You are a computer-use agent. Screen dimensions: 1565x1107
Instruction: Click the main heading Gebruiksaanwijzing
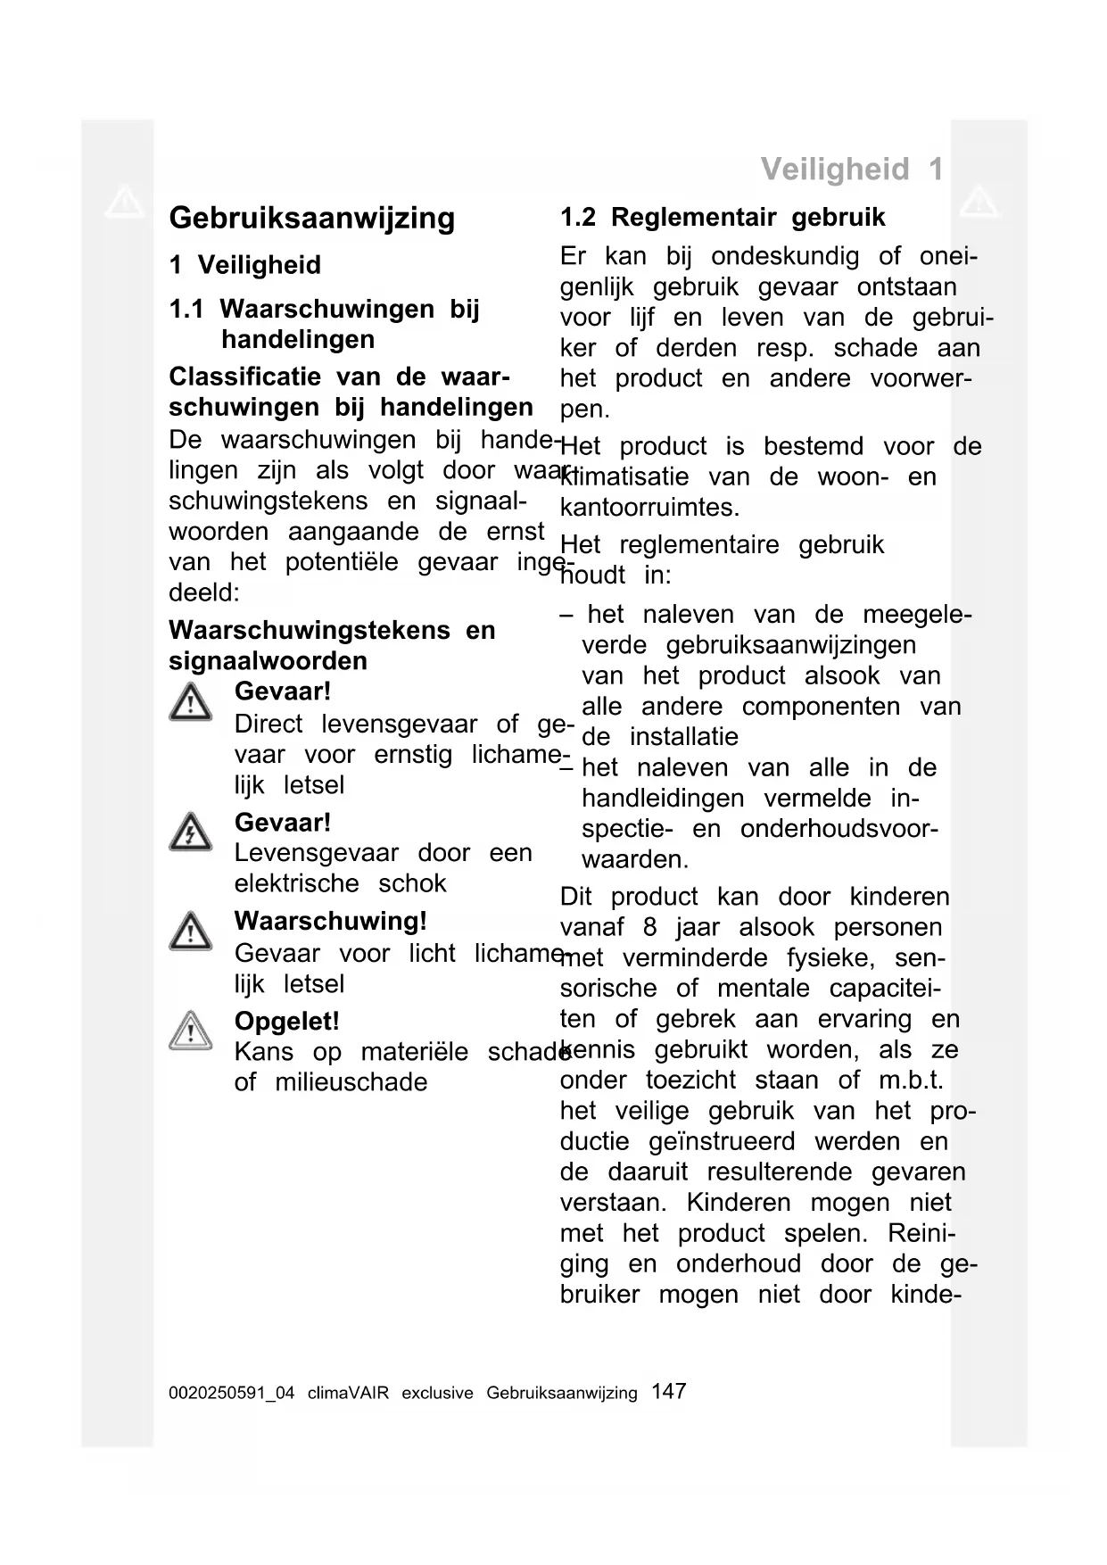(x=311, y=218)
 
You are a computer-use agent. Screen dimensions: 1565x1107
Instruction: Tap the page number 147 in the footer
(x=668, y=1391)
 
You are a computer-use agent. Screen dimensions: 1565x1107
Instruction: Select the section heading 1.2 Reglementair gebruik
(x=723, y=217)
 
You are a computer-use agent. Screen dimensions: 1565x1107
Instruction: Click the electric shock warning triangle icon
(x=190, y=832)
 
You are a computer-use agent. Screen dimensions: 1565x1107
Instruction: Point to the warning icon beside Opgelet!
(x=190, y=1031)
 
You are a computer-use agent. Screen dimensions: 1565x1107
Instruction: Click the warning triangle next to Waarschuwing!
(x=190, y=932)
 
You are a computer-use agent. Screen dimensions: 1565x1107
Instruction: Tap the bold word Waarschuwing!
(x=330, y=921)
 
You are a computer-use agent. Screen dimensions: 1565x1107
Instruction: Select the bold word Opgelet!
(x=286, y=1021)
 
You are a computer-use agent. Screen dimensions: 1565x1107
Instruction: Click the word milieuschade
(x=351, y=1082)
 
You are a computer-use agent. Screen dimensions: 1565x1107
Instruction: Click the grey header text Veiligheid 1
(x=851, y=169)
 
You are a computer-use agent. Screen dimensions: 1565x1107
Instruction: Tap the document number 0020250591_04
(x=231, y=1393)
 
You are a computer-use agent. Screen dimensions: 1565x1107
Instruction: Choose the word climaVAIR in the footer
(x=348, y=1393)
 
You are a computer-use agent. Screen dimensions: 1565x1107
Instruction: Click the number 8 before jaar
(x=649, y=927)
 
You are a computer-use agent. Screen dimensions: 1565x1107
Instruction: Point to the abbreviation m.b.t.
(x=911, y=1080)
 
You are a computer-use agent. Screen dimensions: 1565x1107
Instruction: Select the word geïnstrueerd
(x=722, y=1141)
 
